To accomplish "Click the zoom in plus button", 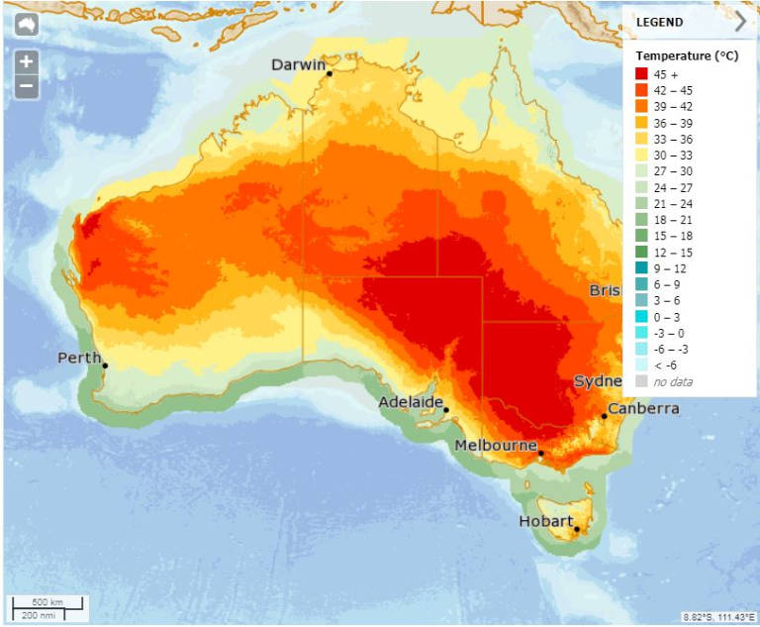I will click(x=26, y=61).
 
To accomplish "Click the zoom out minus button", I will click(x=26, y=86).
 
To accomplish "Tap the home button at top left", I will click(x=26, y=25).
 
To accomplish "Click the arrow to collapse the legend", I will click(x=740, y=22).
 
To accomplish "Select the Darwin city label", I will click(x=299, y=65).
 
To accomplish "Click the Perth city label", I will click(x=80, y=358).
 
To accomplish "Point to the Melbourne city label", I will click(x=496, y=446).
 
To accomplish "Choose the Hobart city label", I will click(x=545, y=521).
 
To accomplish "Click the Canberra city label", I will click(x=643, y=408).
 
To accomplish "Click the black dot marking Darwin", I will click(x=330, y=73).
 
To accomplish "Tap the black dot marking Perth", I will click(x=105, y=366).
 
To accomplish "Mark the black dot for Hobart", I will click(x=576, y=529).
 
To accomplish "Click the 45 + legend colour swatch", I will click(x=641, y=74).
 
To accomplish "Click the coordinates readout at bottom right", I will click(x=717, y=617).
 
